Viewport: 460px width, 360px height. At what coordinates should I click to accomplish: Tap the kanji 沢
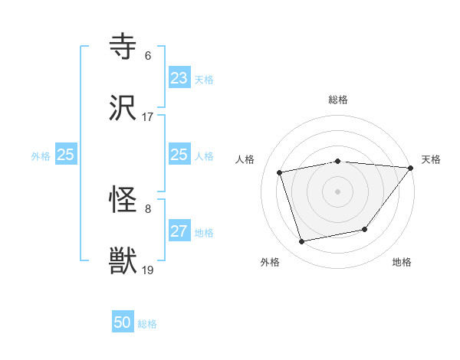123,109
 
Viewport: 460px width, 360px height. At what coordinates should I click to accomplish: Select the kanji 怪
123,201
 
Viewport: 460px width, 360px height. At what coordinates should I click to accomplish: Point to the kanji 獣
123,261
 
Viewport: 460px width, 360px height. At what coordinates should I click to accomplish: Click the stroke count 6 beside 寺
147,56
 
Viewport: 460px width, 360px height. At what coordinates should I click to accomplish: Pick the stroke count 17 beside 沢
147,116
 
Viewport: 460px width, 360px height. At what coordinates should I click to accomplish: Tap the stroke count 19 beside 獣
148,270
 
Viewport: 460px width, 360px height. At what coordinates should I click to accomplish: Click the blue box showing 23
179,78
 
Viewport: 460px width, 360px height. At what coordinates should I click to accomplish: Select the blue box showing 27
179,231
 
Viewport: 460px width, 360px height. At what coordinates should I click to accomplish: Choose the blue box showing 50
123,322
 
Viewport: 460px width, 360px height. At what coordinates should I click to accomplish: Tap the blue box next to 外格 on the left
66,155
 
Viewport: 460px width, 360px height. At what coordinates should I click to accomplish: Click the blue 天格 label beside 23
204,80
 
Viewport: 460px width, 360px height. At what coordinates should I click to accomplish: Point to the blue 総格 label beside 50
147,324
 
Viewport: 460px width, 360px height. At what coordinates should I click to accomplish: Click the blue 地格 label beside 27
204,233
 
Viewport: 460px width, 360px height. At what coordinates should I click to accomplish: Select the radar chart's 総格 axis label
338,100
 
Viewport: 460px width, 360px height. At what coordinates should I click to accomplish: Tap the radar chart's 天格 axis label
431,159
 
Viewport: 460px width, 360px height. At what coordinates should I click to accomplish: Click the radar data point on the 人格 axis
281,172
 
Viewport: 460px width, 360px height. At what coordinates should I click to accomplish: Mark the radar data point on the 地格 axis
366,229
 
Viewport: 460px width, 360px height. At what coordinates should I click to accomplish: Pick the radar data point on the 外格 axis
302,241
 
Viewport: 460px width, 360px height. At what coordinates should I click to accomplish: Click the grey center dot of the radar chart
338,191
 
